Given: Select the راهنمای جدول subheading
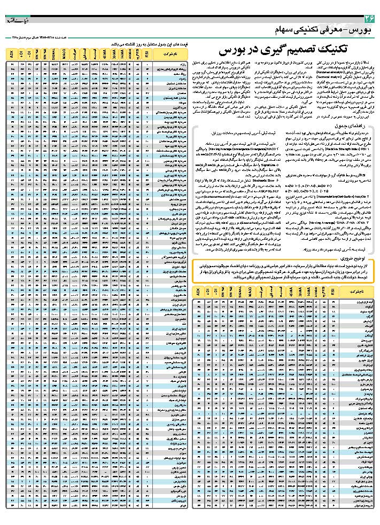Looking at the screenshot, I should coord(362,124).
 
